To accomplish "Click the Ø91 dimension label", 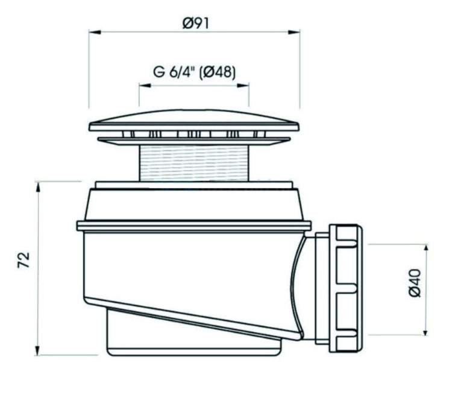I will point(194,24).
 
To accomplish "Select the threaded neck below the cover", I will point(194,162).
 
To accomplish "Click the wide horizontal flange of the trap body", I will point(194,226).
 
